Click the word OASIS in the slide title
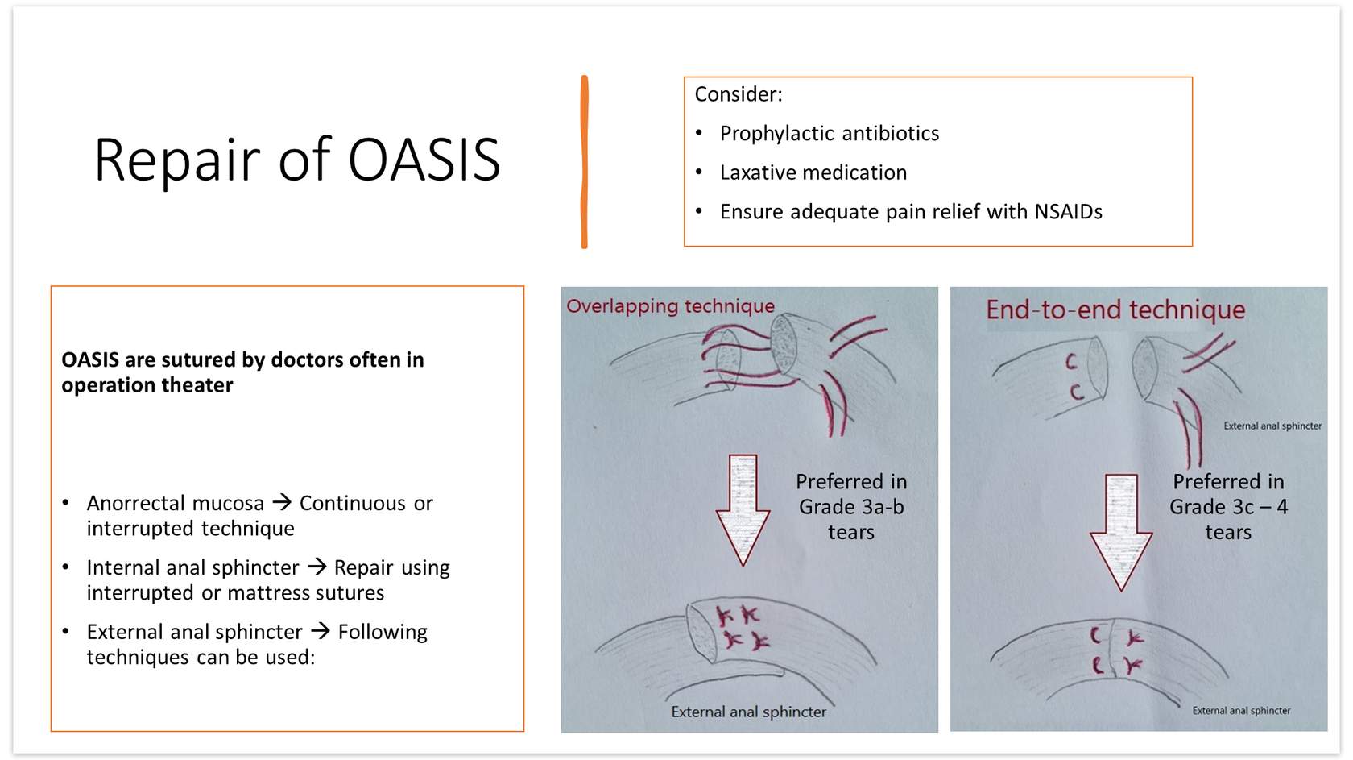pyautogui.click(x=424, y=159)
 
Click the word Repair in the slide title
pyautogui.click(x=176, y=161)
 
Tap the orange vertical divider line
pyautogui.click(x=584, y=161)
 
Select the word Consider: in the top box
pyautogui.click(x=738, y=94)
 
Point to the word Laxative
pyautogui.click(x=758, y=172)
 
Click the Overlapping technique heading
pyautogui.click(x=670, y=306)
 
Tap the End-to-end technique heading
pyautogui.click(x=1115, y=309)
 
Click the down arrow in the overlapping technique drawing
pyautogui.click(x=743, y=510)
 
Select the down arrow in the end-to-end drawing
pyautogui.click(x=1121, y=533)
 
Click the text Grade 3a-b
pyautogui.click(x=851, y=507)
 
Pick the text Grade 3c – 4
pyautogui.click(x=1229, y=507)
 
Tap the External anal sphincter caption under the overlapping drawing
pyautogui.click(x=748, y=712)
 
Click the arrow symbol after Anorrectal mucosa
pyautogui.click(x=282, y=502)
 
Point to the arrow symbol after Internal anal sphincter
pyautogui.click(x=317, y=567)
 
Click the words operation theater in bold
pyautogui.click(x=147, y=385)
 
